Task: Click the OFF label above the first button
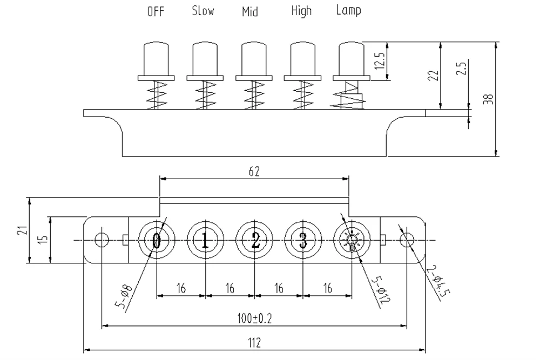point(156,12)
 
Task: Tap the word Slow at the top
point(202,11)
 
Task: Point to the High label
point(301,11)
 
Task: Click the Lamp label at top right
point(348,10)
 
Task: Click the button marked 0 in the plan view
point(157,240)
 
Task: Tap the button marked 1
point(205,240)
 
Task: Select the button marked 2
point(254,240)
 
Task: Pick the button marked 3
point(303,240)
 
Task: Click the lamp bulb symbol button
point(352,241)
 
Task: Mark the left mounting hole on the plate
point(101,240)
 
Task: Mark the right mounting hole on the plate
point(407,240)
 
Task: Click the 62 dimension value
point(254,172)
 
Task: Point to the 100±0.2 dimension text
point(254,318)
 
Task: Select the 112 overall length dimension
point(254,342)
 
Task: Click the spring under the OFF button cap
point(156,95)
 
